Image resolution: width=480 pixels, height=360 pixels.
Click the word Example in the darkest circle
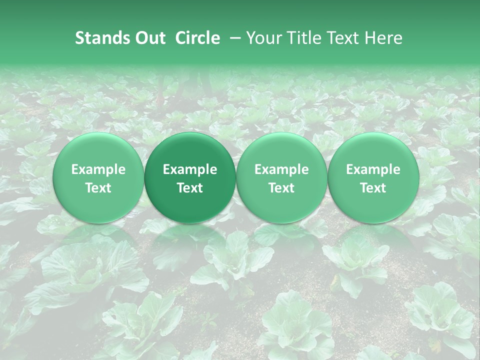pos(190,170)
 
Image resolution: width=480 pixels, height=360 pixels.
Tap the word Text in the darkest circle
pos(190,188)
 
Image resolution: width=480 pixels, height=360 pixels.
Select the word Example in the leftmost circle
pos(98,170)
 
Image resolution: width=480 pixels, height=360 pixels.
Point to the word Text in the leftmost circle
pos(98,188)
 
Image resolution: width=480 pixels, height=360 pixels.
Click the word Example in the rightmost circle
pos(373,170)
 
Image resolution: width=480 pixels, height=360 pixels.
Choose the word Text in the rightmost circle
pos(373,188)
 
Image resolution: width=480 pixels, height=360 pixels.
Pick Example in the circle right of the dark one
pos(281,170)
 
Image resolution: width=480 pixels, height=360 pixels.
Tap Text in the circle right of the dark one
pos(281,188)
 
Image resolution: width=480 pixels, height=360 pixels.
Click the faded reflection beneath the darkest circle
pos(190,240)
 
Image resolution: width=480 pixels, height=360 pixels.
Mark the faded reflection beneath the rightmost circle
pos(373,240)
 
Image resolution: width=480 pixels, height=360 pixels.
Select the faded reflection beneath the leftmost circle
pos(98,240)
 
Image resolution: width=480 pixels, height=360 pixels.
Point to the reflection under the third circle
pos(281,240)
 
